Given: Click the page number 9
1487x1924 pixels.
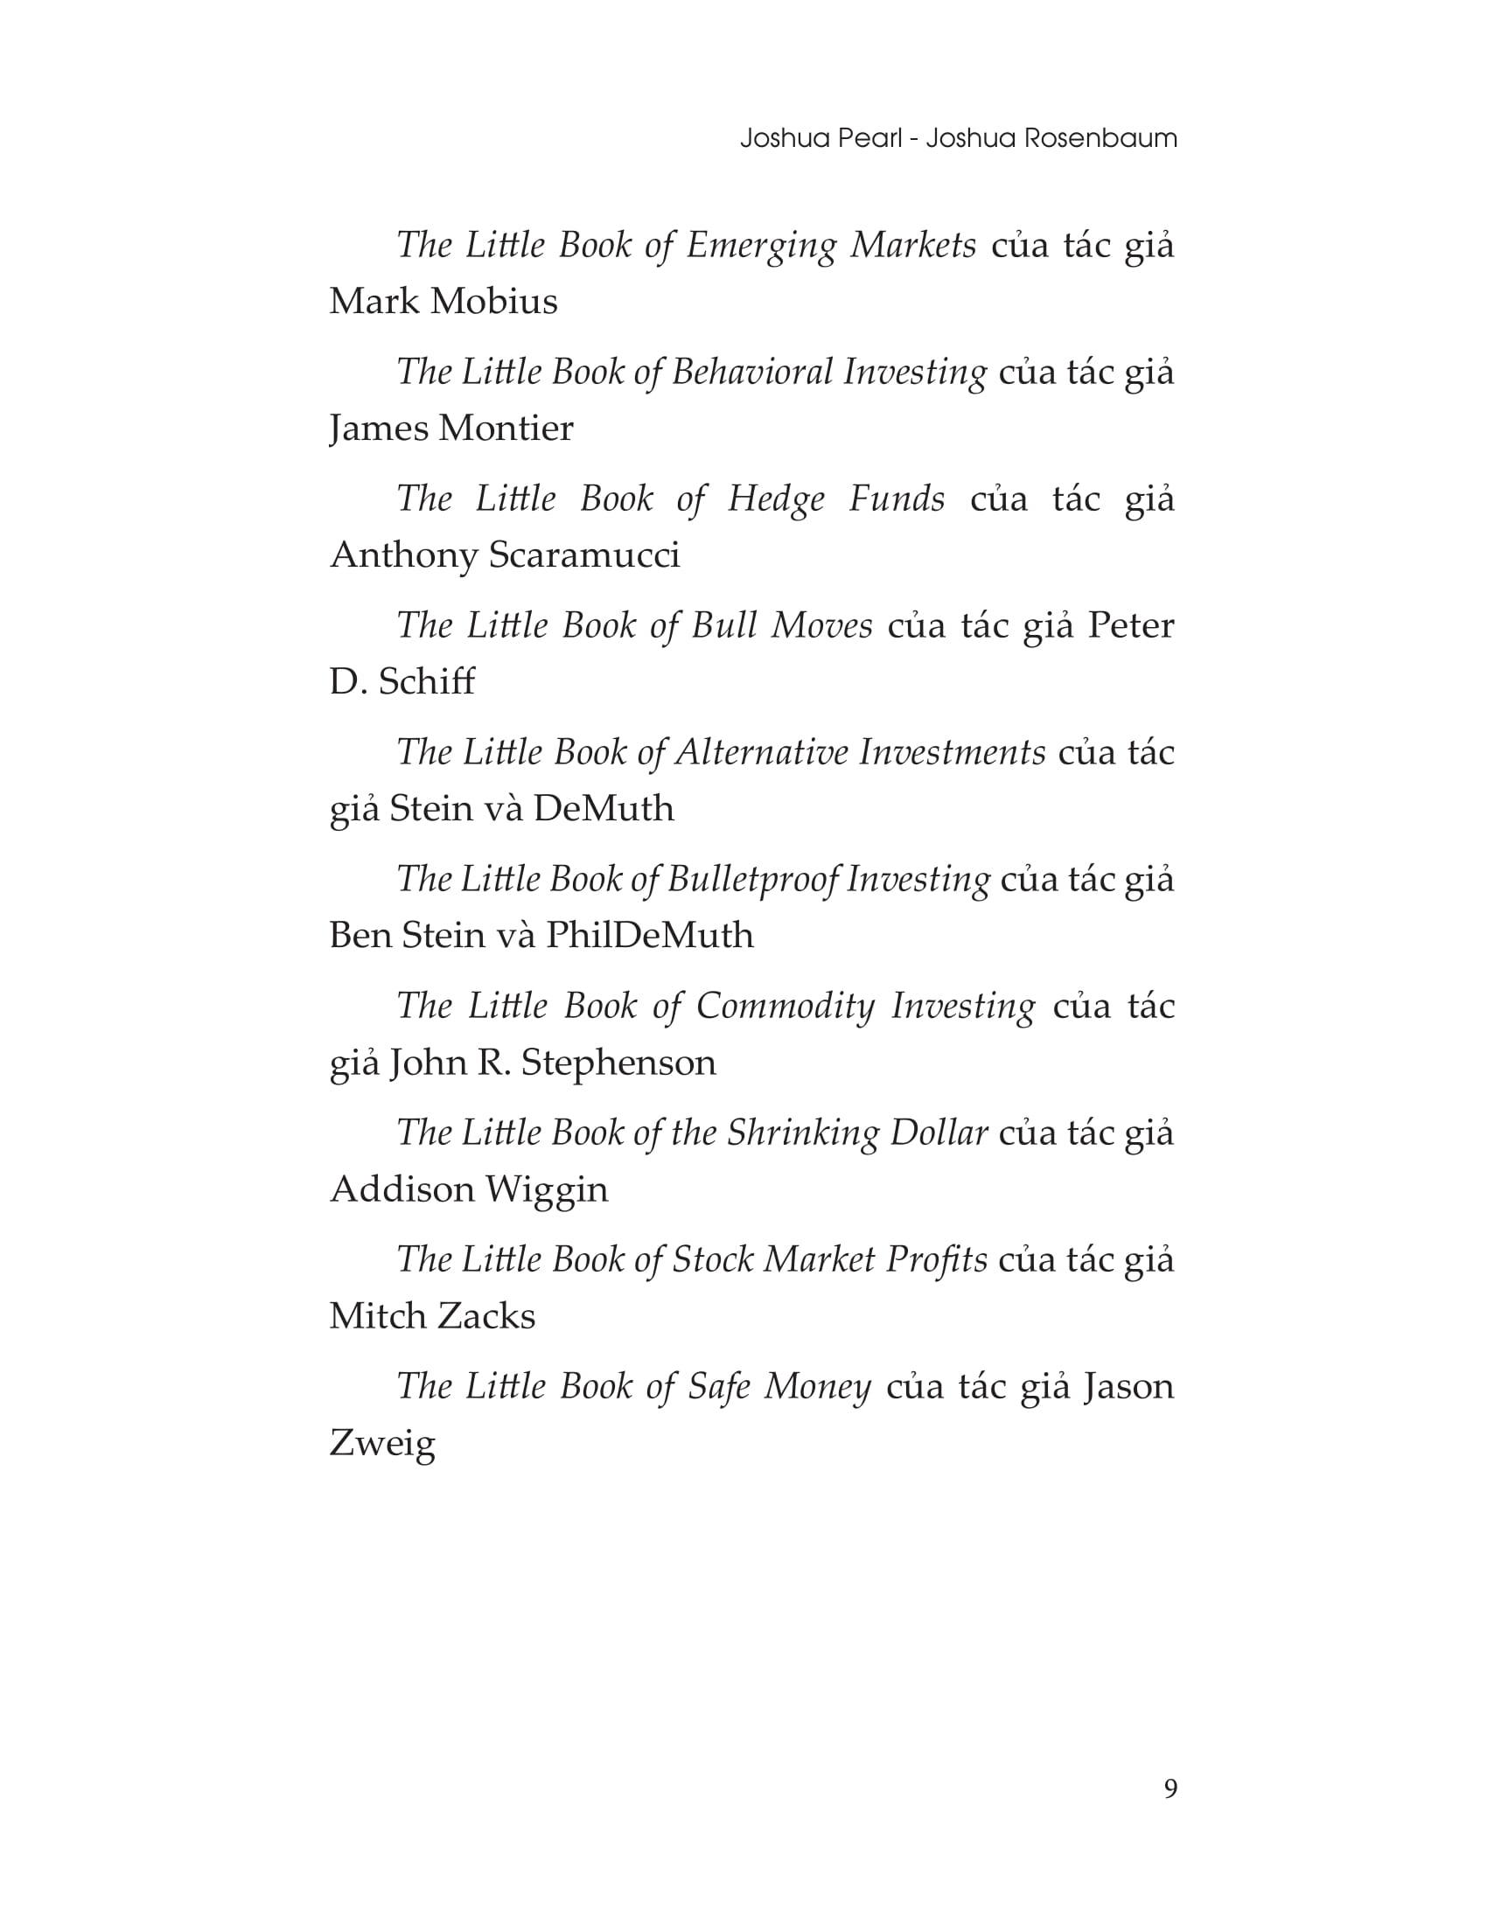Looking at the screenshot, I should (x=1169, y=1788).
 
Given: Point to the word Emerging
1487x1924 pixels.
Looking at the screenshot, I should (x=760, y=245).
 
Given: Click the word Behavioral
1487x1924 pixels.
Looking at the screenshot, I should (x=751, y=372).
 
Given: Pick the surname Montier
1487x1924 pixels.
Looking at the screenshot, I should (x=506, y=429).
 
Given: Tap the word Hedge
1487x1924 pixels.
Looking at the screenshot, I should (x=776, y=498).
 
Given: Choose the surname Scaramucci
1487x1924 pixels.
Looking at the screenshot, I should (x=583, y=556).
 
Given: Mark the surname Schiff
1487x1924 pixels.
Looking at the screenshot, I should (x=426, y=682).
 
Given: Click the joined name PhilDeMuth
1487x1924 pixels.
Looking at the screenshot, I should (x=649, y=936).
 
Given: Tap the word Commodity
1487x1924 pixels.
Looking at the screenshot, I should (x=785, y=1006).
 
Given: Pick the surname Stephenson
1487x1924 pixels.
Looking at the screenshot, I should (x=618, y=1063).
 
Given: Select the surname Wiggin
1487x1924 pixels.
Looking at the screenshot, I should (x=546, y=1189).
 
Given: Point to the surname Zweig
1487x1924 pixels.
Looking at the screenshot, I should (x=382, y=1444).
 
